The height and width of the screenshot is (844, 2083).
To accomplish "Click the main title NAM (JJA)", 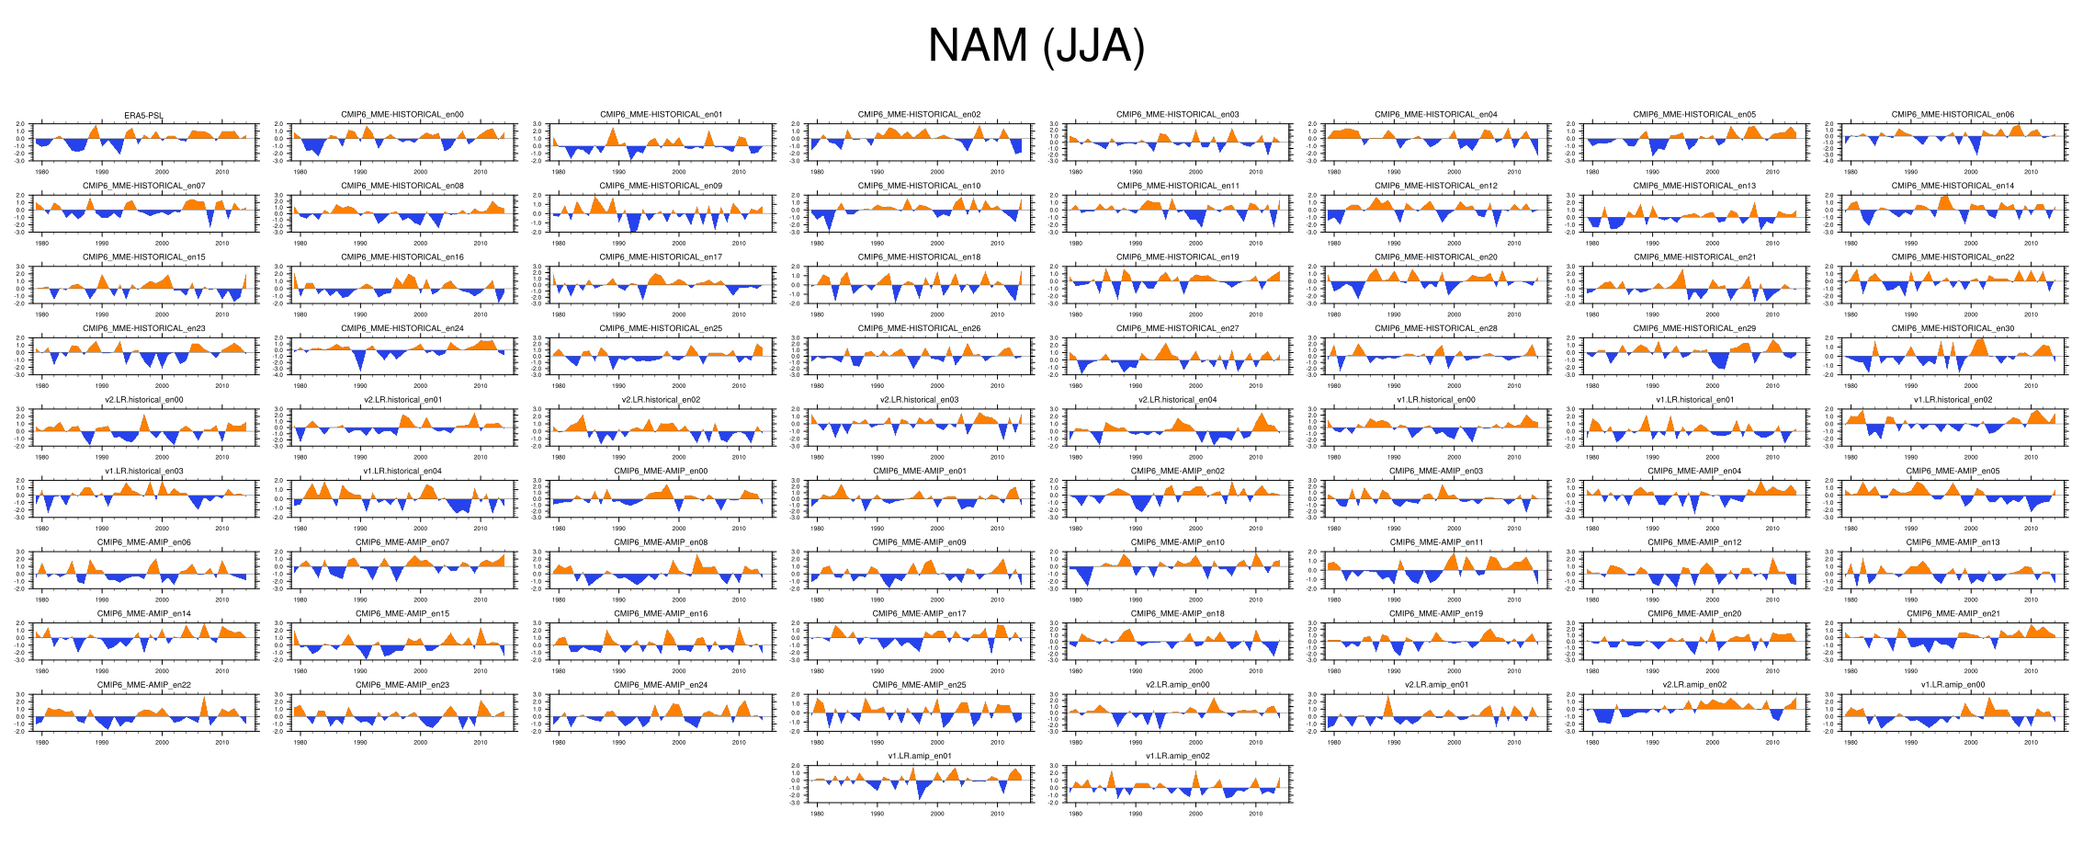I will (x=1036, y=46).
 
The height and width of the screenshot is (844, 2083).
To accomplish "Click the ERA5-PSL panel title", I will (x=144, y=115).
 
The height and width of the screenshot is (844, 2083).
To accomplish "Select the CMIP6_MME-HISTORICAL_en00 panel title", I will (x=402, y=115).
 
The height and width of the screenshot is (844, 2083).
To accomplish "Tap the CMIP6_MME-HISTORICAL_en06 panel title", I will (x=1953, y=115).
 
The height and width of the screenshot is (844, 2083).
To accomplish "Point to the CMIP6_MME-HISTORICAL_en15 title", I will (x=144, y=257).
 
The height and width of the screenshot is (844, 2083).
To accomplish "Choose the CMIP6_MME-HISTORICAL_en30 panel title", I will (x=1953, y=328).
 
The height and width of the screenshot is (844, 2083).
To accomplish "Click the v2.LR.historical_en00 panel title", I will (x=144, y=400).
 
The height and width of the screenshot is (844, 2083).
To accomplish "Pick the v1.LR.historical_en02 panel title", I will (x=1953, y=400).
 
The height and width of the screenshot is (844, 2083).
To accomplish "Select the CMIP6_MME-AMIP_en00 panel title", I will (x=661, y=471).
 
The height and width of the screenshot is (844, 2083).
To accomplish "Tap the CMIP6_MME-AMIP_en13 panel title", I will (x=1953, y=542).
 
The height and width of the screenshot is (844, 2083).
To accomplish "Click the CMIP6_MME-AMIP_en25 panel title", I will (x=919, y=685).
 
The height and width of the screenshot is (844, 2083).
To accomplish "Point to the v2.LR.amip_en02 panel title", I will (x=1694, y=685).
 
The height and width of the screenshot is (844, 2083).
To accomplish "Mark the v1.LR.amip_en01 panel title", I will (x=919, y=756).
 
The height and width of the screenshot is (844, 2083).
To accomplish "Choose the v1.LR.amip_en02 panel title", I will (x=1177, y=756).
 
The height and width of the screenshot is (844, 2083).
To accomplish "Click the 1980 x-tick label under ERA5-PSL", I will (x=42, y=172).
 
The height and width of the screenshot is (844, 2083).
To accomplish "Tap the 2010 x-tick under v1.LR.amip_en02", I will (x=1256, y=814).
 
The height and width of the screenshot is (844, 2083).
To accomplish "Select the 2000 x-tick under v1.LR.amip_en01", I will (x=937, y=814).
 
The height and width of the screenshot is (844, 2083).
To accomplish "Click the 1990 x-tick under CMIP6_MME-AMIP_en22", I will (x=102, y=742).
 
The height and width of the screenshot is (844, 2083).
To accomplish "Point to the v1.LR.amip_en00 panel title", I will (x=1953, y=685).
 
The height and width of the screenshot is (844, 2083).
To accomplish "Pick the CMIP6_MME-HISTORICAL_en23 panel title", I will (x=144, y=328).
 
